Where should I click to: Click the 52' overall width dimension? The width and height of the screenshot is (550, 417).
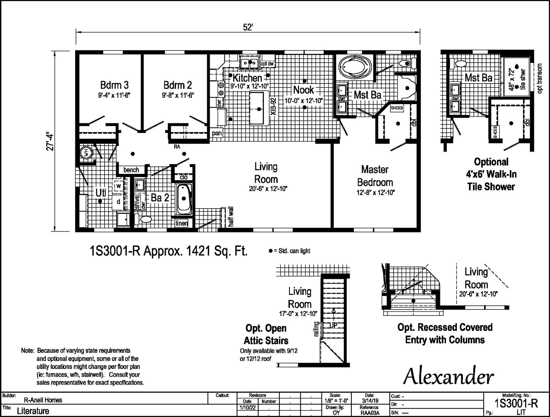point(248,27)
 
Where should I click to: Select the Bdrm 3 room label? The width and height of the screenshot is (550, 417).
point(114,85)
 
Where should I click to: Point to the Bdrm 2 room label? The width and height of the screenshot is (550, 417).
point(178,85)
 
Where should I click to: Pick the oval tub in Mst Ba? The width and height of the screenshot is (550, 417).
point(355,68)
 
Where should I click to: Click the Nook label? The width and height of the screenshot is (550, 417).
point(304,90)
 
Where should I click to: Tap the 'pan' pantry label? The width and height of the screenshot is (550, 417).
point(217,133)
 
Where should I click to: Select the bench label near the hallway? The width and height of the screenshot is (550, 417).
point(131,170)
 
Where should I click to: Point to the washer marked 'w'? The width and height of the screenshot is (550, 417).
point(118,186)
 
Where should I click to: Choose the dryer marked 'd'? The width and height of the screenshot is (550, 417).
point(118,202)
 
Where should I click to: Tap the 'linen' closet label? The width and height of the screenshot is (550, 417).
point(182,223)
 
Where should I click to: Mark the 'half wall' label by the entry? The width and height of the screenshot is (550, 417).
point(231,217)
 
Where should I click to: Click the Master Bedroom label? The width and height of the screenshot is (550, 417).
point(375,176)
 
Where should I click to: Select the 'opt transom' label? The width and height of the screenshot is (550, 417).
point(540,78)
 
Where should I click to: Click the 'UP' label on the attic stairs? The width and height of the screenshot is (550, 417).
point(333,325)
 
